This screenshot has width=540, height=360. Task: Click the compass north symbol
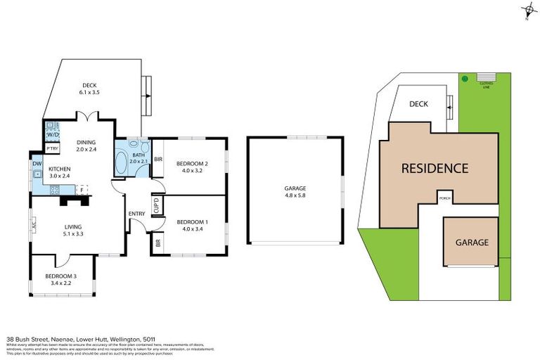click(527, 11)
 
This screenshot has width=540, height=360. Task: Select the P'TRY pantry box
click(52, 148)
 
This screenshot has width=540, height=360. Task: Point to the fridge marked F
click(82, 190)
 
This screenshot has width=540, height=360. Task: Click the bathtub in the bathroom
click(122, 164)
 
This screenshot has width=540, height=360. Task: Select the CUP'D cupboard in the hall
click(156, 205)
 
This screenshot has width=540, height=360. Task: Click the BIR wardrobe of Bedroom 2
click(158, 159)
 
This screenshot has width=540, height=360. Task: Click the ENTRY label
click(136, 214)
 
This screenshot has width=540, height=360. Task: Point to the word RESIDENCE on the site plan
click(435, 169)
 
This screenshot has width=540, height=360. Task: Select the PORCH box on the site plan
click(444, 198)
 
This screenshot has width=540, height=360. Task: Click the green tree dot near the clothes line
click(464, 79)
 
